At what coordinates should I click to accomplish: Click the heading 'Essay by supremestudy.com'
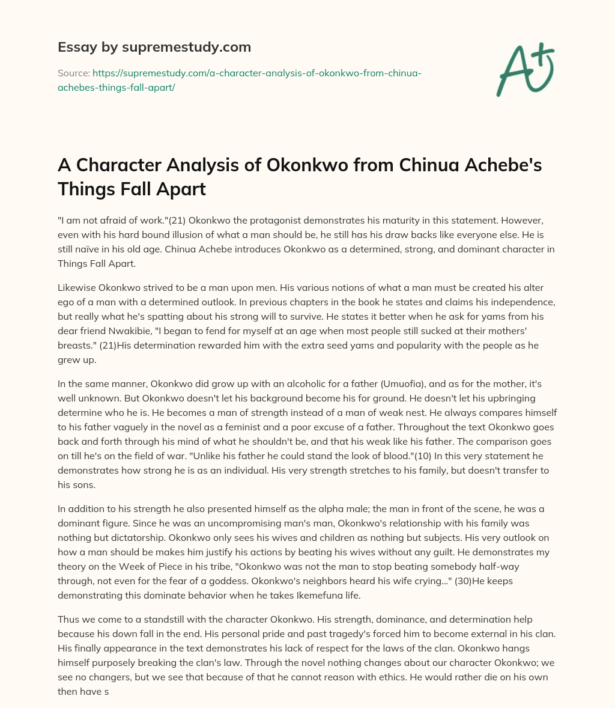154,47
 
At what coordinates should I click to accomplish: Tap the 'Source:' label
73,73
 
